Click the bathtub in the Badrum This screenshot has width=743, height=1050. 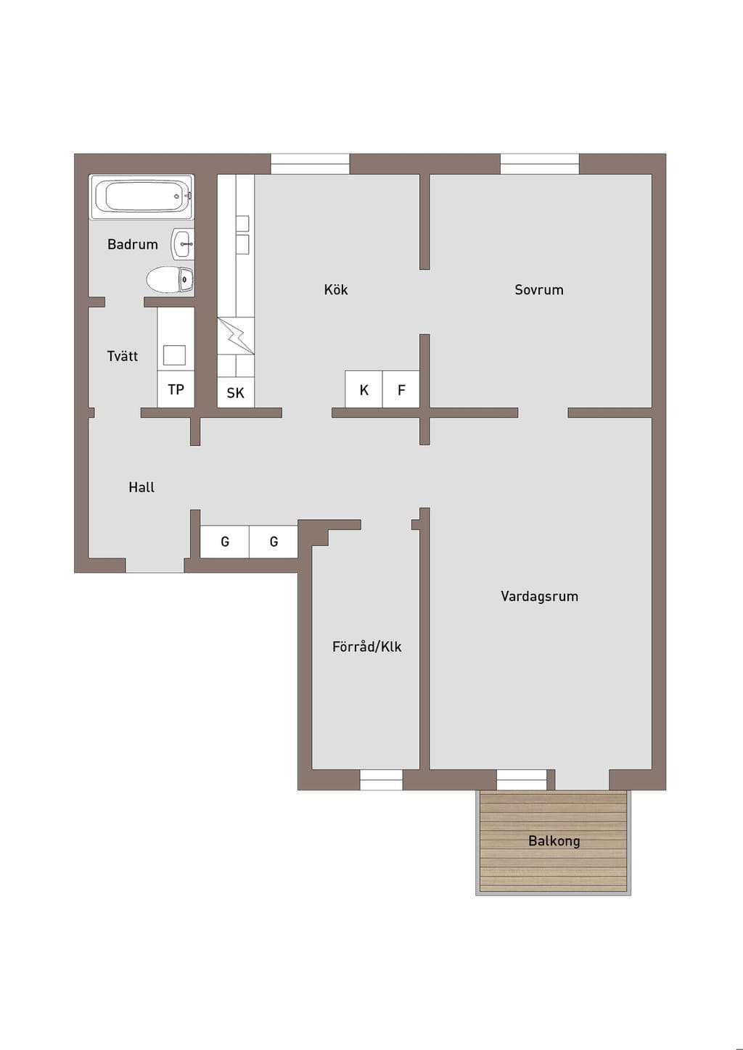click(x=141, y=197)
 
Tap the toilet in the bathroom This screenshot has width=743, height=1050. click(x=170, y=280)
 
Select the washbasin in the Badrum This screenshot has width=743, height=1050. click(x=183, y=244)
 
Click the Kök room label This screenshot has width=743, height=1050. click(x=336, y=289)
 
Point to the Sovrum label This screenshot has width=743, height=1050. click(x=539, y=289)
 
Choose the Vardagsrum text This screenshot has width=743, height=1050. click(x=539, y=596)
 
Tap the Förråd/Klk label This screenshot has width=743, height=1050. click(x=367, y=647)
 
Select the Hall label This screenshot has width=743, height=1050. click(x=141, y=487)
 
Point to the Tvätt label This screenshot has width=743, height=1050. click(x=123, y=356)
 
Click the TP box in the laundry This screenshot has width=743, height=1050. click(x=176, y=389)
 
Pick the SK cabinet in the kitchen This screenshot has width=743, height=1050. click(x=236, y=392)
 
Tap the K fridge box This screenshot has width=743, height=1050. click(x=364, y=389)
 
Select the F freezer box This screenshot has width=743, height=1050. click(x=401, y=389)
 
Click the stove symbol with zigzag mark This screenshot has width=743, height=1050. click(x=236, y=336)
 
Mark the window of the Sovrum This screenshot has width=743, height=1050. click(x=540, y=164)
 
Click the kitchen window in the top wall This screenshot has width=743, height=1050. click(x=310, y=164)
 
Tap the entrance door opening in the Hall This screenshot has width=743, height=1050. click(x=155, y=566)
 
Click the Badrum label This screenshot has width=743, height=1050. click(x=133, y=244)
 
